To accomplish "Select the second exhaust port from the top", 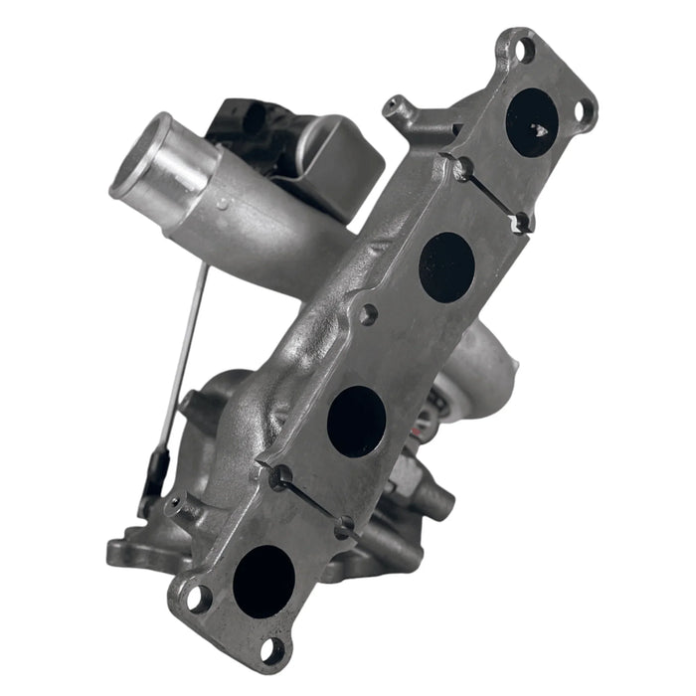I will point(446,265).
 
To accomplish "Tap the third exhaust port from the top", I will point(356,421).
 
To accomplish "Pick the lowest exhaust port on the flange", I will point(263,581).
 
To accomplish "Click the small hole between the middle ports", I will point(368,315).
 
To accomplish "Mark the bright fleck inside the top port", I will point(542,129).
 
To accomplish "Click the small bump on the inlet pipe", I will point(221,204).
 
